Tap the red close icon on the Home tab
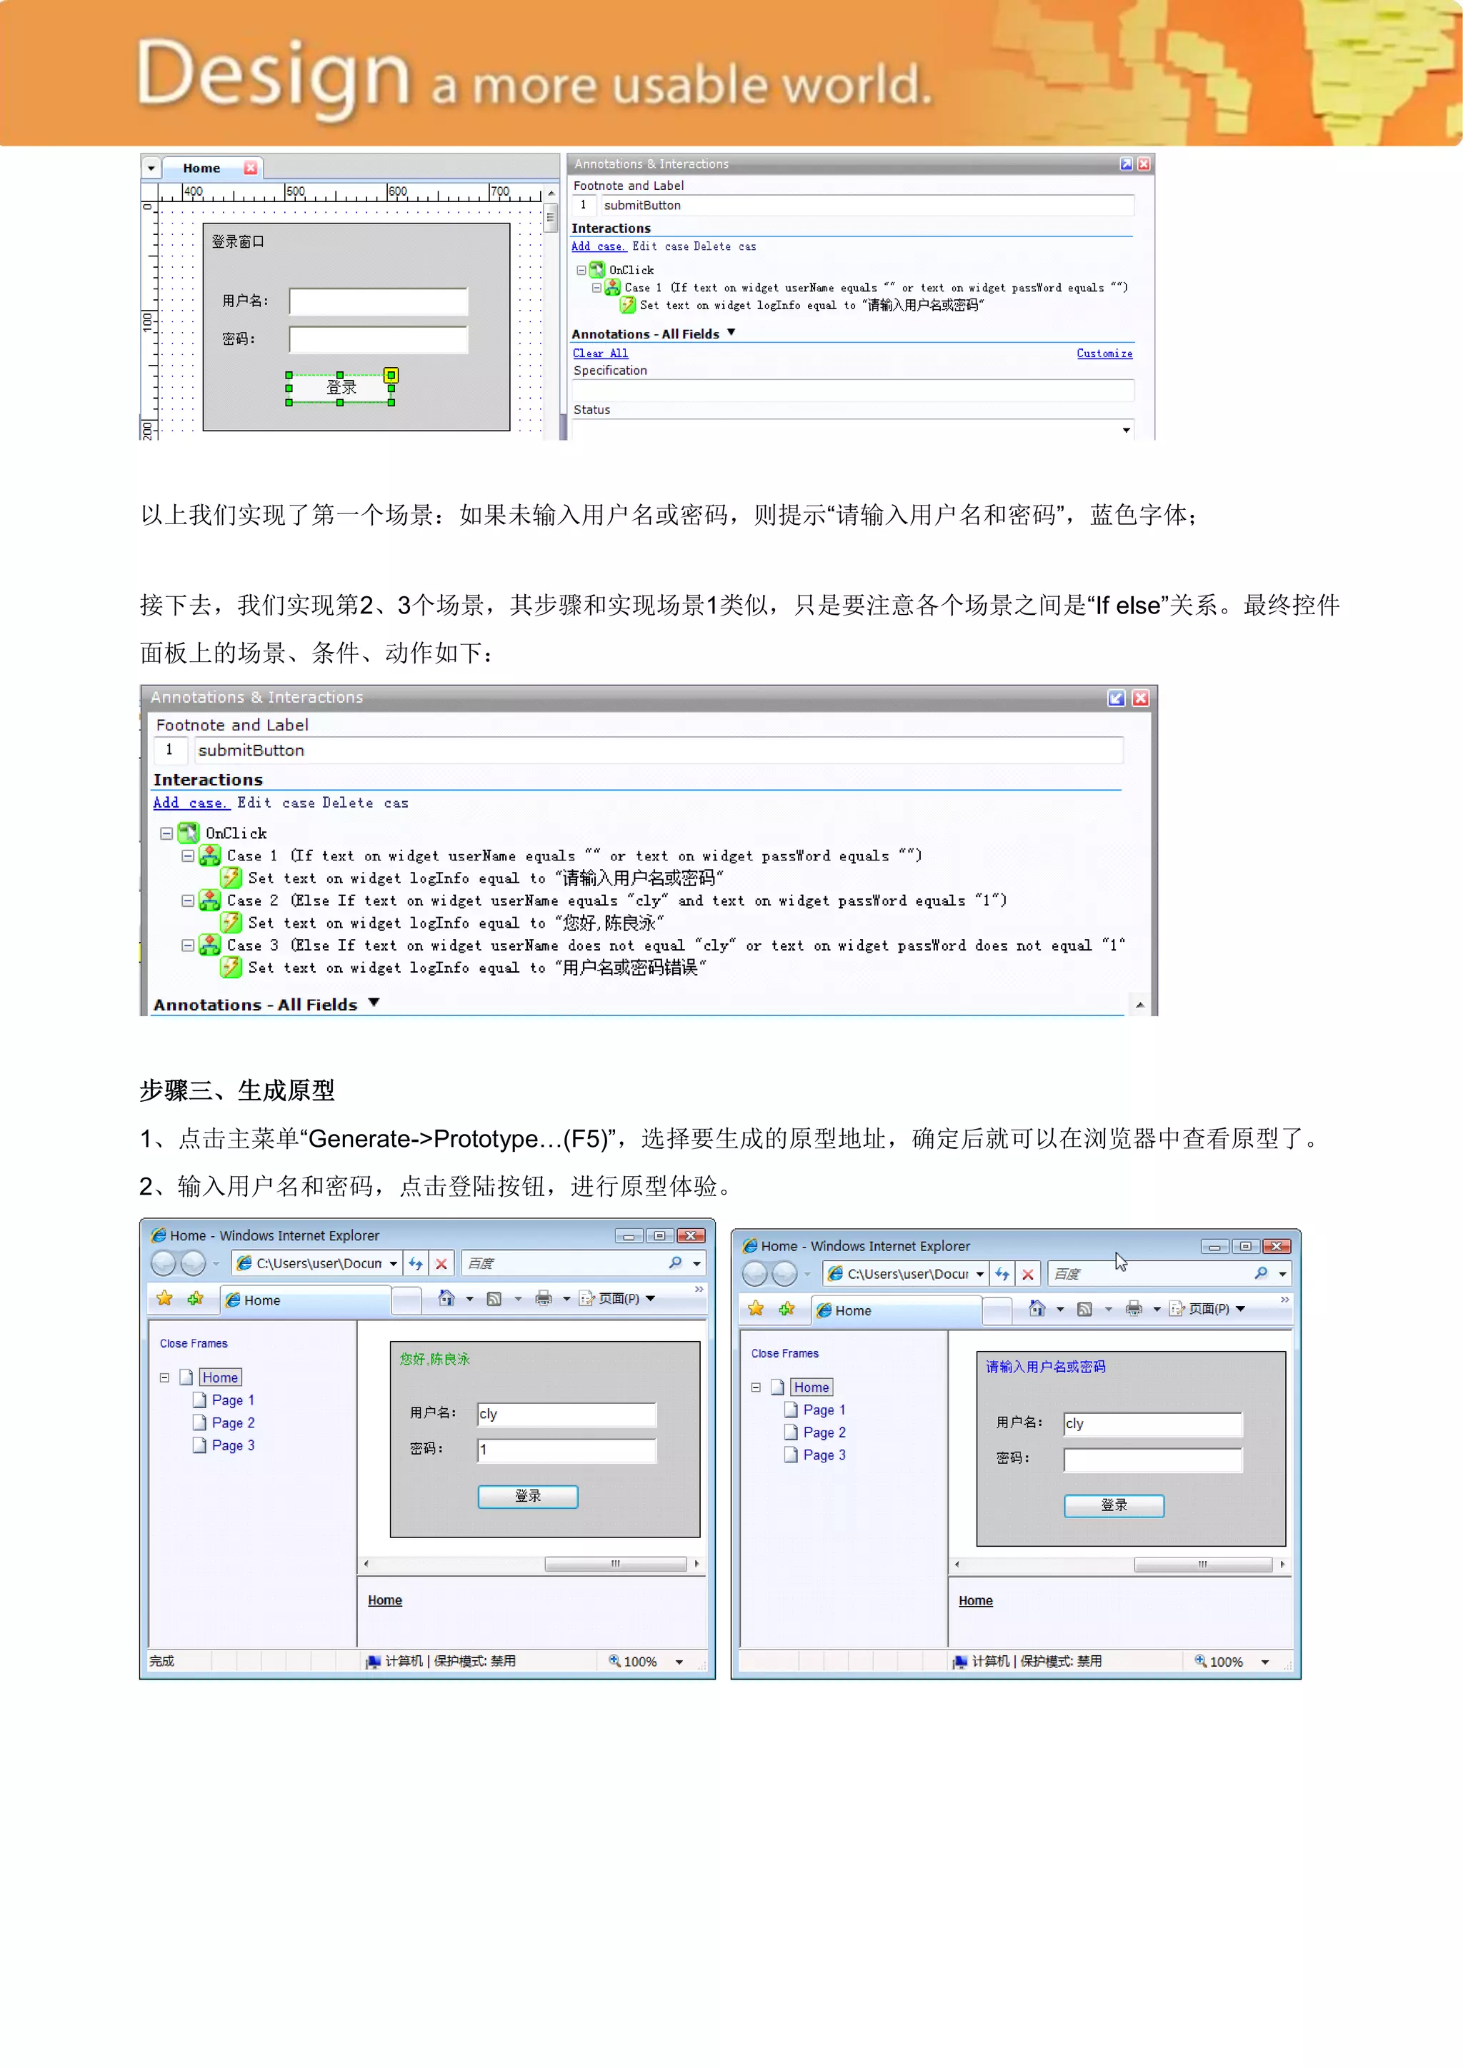251,169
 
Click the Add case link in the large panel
190,803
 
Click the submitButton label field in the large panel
658,751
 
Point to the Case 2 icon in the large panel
210,900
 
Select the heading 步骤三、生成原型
237,1090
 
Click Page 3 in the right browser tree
824,1455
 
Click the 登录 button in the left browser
527,1496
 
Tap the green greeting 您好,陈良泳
434,1359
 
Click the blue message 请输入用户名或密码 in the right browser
1045,1367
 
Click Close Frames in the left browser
194,1344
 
